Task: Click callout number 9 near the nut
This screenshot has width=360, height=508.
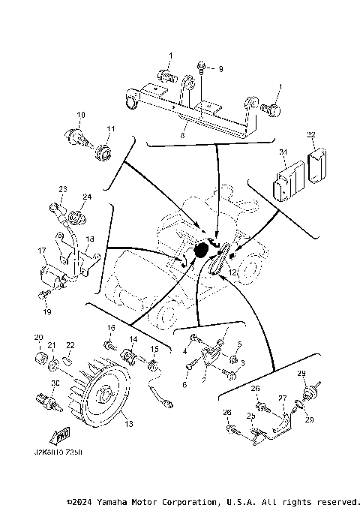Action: point(220,69)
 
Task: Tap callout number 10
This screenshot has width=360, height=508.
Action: point(81,115)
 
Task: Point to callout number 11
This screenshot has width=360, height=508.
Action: point(109,129)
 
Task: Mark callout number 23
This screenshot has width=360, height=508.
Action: point(63,188)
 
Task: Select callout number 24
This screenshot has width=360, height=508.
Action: point(87,197)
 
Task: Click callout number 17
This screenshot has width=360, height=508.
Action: point(42,251)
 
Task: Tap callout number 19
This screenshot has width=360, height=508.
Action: point(46,311)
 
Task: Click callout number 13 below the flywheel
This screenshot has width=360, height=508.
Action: point(128,425)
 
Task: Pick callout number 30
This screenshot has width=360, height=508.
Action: point(54,383)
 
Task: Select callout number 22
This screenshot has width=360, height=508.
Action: point(70,345)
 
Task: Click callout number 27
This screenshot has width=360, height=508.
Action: point(283,398)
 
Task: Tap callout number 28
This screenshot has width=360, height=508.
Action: point(226,413)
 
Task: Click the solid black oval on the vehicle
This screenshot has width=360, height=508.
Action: point(201,250)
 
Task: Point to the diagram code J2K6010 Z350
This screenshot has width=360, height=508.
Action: point(58,454)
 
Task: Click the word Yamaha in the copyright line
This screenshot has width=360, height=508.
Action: point(115,501)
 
